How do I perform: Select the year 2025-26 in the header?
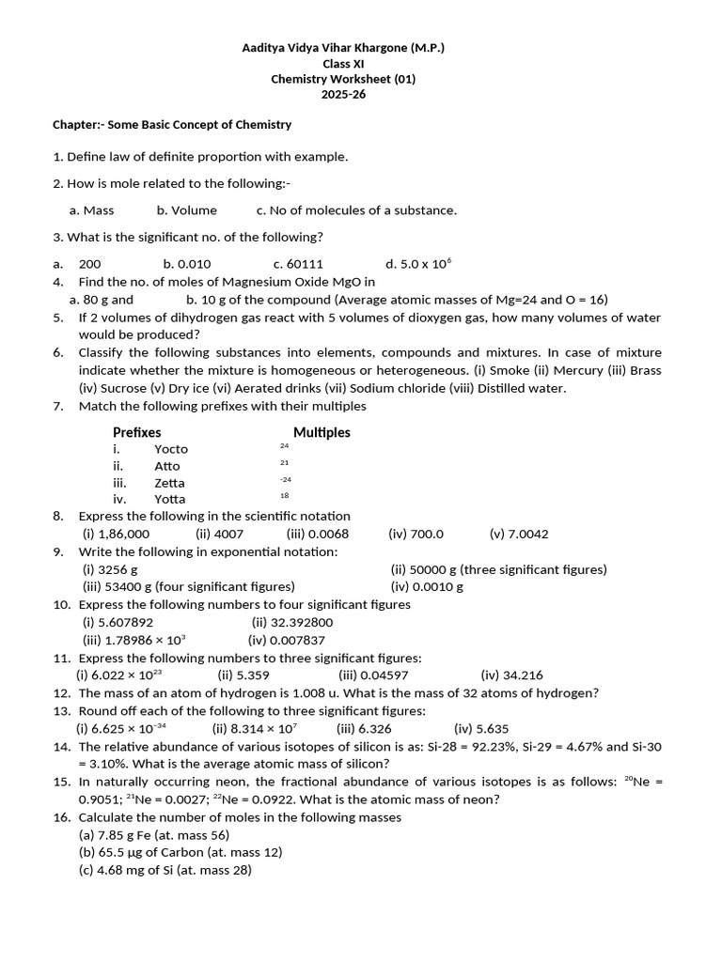343,95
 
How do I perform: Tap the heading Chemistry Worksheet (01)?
343,79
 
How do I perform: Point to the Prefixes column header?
136,432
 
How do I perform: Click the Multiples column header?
322,432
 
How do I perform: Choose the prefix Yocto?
171,449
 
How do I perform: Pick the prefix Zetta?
169,483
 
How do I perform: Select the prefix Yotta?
170,499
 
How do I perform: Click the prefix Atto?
167,466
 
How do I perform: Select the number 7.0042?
527,534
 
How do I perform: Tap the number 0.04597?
387,675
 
